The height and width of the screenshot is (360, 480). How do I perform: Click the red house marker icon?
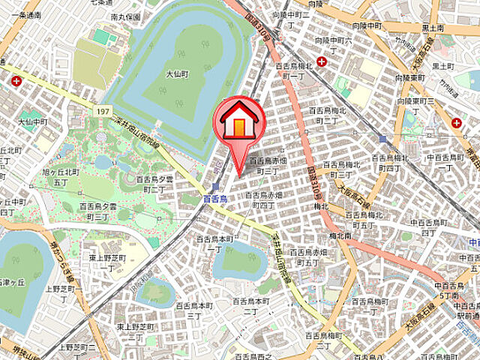[239, 119]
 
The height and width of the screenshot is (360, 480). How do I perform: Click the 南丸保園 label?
[125, 16]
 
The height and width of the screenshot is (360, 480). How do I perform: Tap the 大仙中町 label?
[34, 121]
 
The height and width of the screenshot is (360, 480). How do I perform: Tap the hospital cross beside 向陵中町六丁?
[321, 61]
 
